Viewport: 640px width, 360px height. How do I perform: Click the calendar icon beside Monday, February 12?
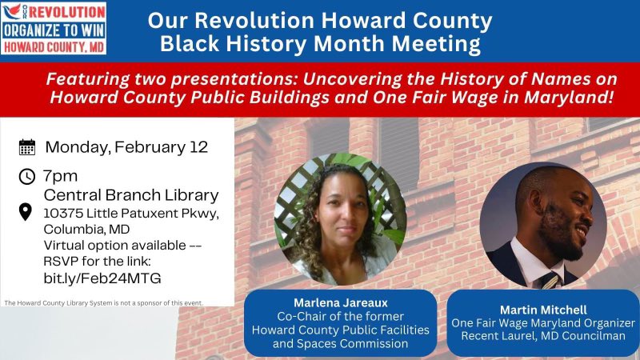tap(27, 147)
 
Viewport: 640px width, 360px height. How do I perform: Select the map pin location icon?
tap(26, 212)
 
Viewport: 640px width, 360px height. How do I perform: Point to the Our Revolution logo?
tap(54, 29)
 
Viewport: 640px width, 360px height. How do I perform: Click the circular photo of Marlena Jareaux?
tap(340, 219)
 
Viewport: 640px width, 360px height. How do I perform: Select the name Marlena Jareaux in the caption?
tap(339, 304)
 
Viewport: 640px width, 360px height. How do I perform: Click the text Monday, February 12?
tap(126, 147)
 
